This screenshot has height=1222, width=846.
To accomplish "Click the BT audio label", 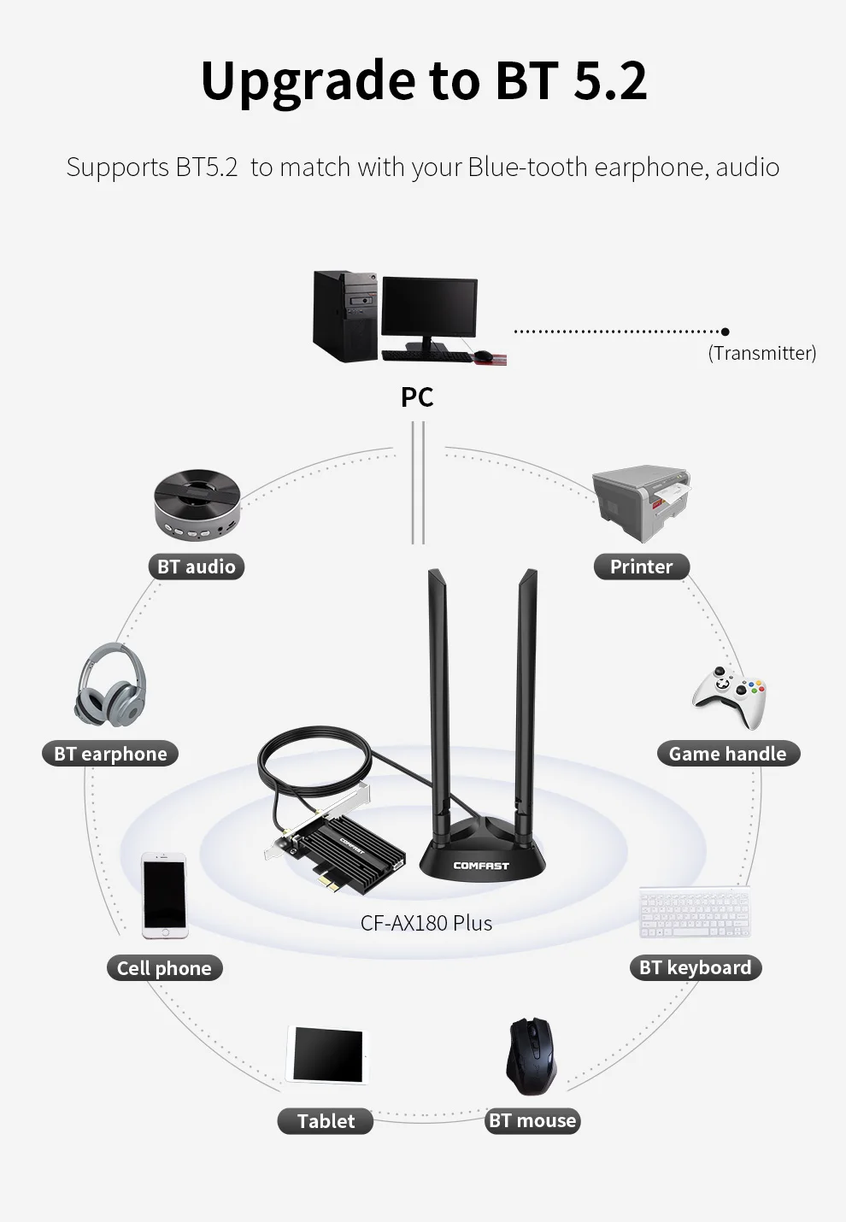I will (x=196, y=567).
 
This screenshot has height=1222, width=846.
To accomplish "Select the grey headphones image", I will (x=111, y=684).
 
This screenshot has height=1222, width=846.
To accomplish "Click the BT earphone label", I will (x=110, y=754).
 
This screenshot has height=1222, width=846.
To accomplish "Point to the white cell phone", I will (x=164, y=894).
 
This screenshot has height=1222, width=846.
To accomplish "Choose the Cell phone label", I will (x=164, y=968).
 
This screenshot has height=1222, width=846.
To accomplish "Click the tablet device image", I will (x=327, y=1055).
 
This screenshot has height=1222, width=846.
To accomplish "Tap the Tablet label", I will (x=326, y=1121).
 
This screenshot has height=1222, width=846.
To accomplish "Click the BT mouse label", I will (x=532, y=1121).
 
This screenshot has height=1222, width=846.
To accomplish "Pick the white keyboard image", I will (x=695, y=913).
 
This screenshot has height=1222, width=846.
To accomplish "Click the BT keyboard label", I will (x=695, y=967).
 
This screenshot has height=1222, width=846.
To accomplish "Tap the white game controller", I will (x=729, y=694).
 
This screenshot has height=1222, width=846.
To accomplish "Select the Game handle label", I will (x=727, y=754).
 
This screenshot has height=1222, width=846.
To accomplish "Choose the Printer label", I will (x=641, y=567).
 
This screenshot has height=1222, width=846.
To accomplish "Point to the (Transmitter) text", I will (x=761, y=353).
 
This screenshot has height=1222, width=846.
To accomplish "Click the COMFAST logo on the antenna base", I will (x=481, y=866).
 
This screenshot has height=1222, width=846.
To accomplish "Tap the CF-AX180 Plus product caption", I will (x=426, y=923).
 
